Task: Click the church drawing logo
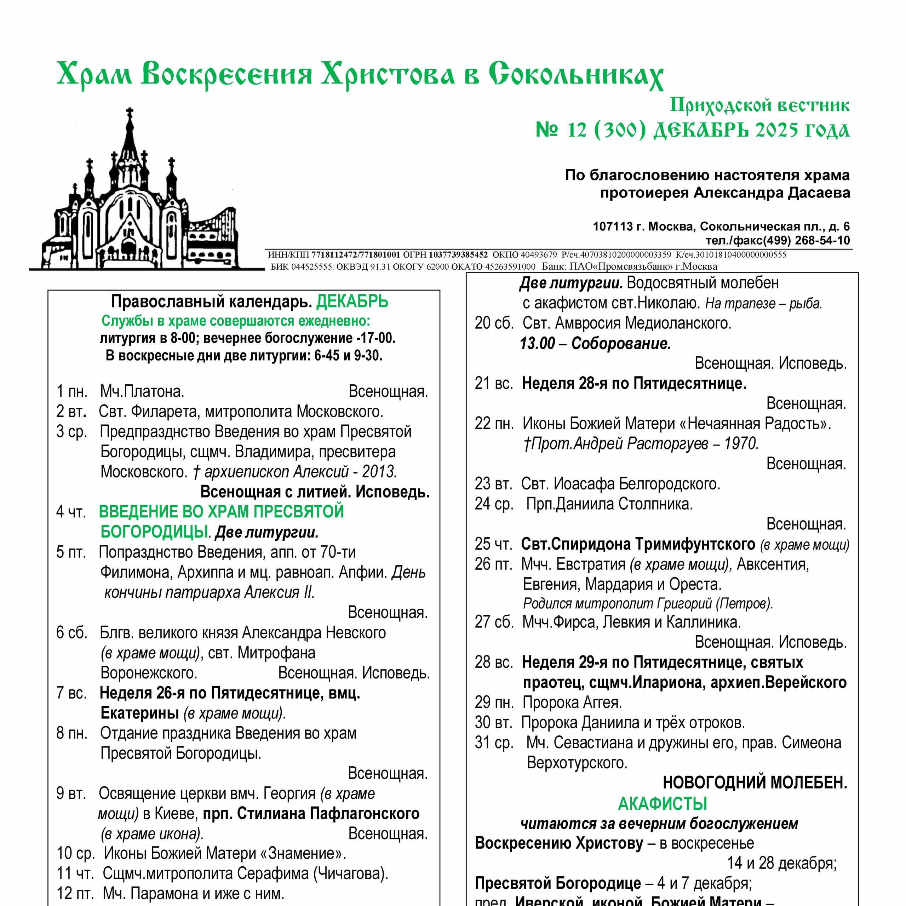click(x=141, y=197)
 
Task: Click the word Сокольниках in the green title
click(x=575, y=75)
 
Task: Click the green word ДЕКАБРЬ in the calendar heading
click(x=352, y=302)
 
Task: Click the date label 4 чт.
click(x=71, y=512)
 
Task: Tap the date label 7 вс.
click(x=71, y=693)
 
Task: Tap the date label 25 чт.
click(x=493, y=544)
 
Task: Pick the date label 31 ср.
click(x=494, y=743)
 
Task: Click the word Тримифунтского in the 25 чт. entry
click(x=695, y=544)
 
